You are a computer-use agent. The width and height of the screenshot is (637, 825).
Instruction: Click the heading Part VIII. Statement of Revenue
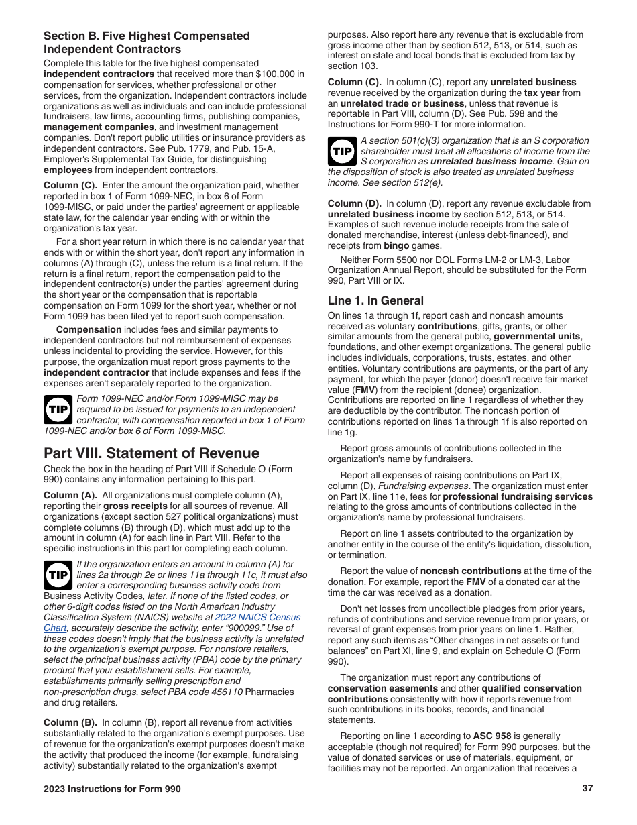click(x=152, y=453)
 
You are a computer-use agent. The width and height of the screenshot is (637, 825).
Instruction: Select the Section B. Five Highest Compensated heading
click(x=146, y=36)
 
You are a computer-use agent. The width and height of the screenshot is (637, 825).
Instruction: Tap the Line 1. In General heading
click(x=375, y=300)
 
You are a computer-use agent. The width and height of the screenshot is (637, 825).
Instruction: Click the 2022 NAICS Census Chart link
click(x=257, y=617)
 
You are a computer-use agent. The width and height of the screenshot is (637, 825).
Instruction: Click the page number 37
click(x=587, y=789)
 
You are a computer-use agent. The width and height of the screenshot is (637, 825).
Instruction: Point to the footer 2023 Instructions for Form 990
click(x=112, y=789)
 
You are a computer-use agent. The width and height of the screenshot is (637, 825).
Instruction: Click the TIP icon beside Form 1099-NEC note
click(x=58, y=409)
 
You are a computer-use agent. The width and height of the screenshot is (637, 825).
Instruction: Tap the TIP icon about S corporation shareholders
click(x=342, y=151)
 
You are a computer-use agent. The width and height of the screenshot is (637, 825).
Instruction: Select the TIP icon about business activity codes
click(x=58, y=575)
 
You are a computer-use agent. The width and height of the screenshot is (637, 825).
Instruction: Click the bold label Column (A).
click(x=70, y=495)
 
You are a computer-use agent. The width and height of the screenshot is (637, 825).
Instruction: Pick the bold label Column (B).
click(x=70, y=722)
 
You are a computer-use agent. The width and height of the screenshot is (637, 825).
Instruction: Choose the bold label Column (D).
click(x=355, y=203)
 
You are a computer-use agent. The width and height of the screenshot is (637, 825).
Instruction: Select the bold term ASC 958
click(x=491, y=736)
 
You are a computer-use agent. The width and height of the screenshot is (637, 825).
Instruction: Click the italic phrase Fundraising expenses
click(x=423, y=486)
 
